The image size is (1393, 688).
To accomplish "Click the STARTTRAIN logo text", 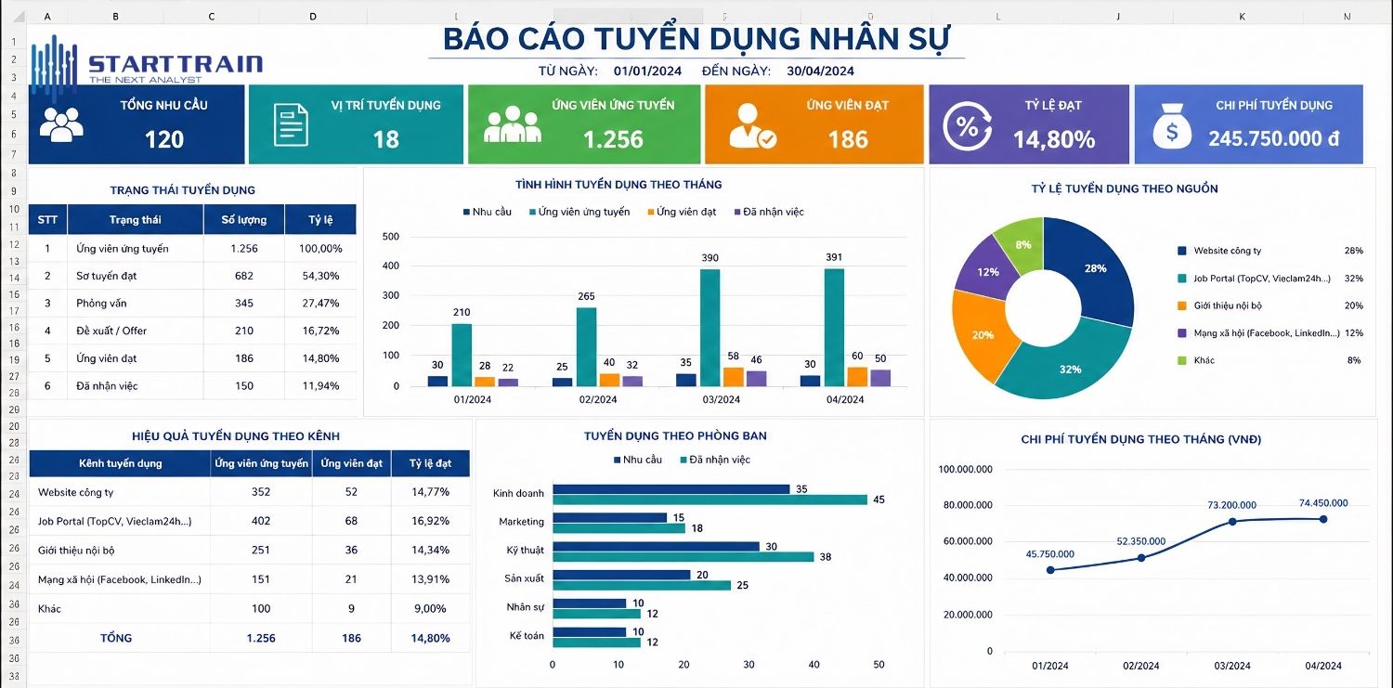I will click(176, 64).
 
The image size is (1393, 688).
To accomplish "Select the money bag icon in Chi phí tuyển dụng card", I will click(1172, 127).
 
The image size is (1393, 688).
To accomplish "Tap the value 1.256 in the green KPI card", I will click(613, 139).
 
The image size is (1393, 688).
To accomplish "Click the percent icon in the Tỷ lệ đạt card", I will click(967, 127).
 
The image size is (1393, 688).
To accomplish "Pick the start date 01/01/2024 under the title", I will click(647, 71).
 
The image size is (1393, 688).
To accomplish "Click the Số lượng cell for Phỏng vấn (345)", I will click(244, 304).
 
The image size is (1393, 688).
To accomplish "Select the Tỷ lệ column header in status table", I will click(320, 220).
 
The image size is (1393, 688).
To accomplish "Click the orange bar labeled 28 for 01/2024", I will click(485, 381).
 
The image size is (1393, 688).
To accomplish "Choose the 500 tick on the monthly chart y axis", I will click(391, 237).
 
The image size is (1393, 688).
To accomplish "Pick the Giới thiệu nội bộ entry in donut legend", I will click(1228, 305).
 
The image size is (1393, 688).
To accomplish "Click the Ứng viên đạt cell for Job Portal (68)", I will click(351, 522).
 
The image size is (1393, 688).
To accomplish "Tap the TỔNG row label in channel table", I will click(116, 638).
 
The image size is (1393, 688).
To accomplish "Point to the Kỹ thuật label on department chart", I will click(525, 551).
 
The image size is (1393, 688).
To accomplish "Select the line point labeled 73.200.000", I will click(1232, 522).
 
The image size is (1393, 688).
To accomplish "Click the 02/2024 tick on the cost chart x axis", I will click(1141, 666).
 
